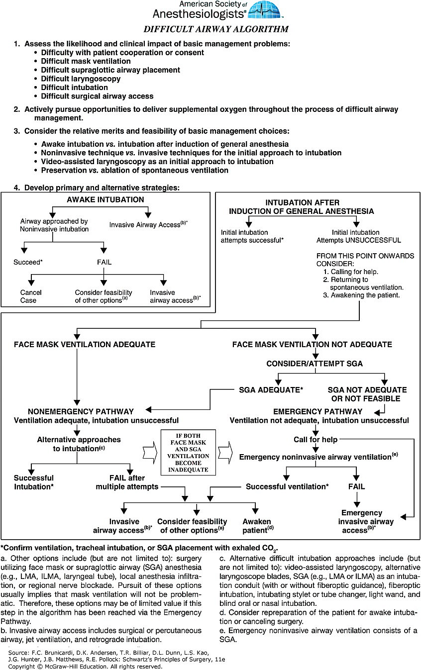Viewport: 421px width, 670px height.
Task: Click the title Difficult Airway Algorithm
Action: [216, 29]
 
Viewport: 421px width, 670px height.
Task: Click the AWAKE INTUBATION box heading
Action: [105, 200]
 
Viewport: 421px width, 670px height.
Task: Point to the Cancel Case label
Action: [31, 296]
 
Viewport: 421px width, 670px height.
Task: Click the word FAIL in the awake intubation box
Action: [104, 261]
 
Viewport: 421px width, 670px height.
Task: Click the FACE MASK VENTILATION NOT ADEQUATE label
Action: [312, 344]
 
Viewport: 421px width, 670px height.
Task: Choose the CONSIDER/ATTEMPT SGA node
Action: [315, 364]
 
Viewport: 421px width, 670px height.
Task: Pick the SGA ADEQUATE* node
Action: [271, 390]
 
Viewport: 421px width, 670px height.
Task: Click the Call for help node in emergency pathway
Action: [316, 440]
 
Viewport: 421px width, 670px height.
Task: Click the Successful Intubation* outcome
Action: [33, 482]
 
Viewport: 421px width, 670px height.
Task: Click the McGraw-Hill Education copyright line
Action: [86, 667]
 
